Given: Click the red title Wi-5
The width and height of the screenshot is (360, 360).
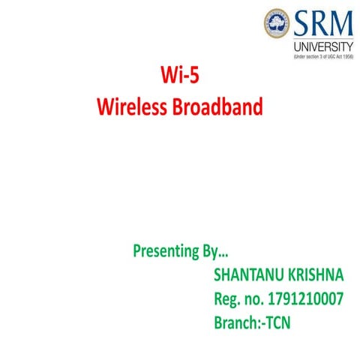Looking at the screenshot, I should pyautogui.click(x=180, y=77).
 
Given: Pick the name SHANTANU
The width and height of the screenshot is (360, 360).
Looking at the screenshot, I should pyautogui.click(x=248, y=274).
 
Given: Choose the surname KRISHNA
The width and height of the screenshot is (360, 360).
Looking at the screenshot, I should pyautogui.click(x=313, y=274).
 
